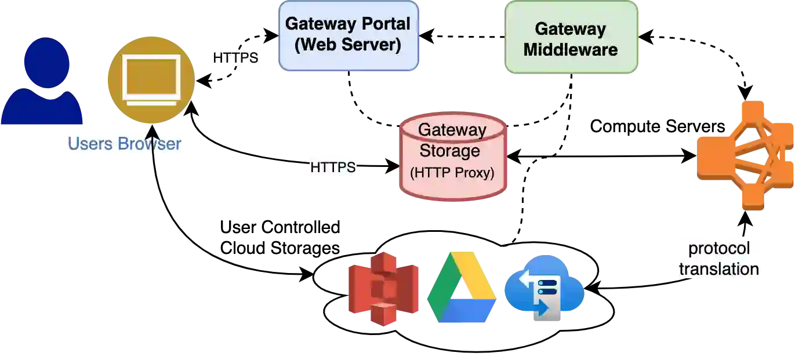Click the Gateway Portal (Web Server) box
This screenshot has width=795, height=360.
click(348, 35)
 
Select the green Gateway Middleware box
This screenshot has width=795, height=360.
click(571, 38)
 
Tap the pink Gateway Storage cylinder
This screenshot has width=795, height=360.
click(453, 157)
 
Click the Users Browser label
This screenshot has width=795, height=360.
click(124, 144)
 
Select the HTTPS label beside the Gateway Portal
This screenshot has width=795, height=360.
click(235, 58)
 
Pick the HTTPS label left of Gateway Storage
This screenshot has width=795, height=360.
click(332, 168)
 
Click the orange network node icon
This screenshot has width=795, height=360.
click(745, 155)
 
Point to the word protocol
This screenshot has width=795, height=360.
click(719, 249)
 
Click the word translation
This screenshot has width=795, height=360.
click(719, 269)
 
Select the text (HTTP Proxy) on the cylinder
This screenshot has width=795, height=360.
click(452, 173)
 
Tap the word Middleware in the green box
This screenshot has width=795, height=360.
click(571, 49)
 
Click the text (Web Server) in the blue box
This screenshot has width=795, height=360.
click(348, 45)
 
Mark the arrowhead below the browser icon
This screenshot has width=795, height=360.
click(153, 130)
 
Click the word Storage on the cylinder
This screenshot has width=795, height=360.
click(450, 151)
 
